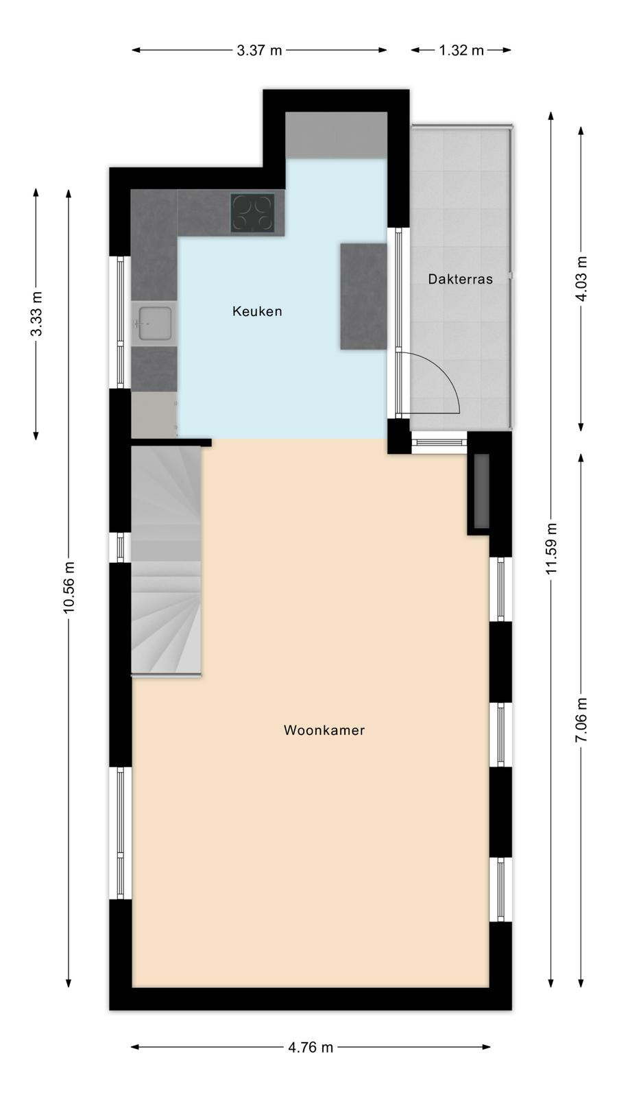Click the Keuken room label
(257, 311)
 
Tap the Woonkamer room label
(324, 730)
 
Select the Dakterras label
(460, 279)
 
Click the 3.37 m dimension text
(260, 50)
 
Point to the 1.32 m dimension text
(461, 50)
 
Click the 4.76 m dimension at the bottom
(311, 1047)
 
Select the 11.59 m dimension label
(551, 548)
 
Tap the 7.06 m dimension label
(581, 720)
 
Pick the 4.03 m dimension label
(581, 279)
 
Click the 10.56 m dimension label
(69, 587)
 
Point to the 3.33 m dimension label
(36, 314)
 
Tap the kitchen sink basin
(155, 323)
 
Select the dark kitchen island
(364, 296)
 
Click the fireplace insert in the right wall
(482, 491)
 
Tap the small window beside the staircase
(120, 547)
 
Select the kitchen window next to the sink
(120, 322)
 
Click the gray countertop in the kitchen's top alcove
(337, 134)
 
